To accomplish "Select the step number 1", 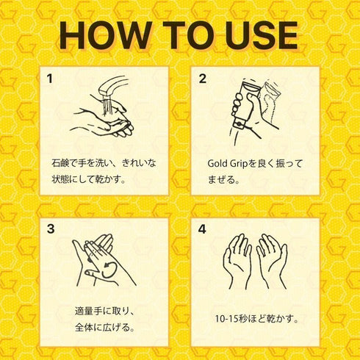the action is click(50, 79).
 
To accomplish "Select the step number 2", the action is click(202, 79).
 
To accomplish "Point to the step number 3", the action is click(51, 229).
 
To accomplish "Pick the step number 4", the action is click(202, 229).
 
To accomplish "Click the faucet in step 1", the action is click(112, 86).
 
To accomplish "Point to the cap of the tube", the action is click(239, 123).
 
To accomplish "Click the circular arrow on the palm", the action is click(109, 270).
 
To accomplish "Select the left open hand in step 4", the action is click(237, 262).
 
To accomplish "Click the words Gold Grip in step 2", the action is click(228, 164).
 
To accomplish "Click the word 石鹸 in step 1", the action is click(60, 163).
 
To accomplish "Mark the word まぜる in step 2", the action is click(220, 180).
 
